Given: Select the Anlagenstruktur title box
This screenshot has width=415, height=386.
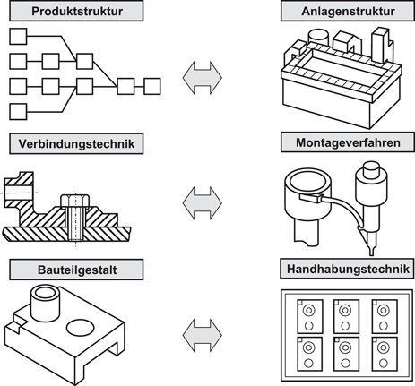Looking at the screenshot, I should click(x=346, y=13).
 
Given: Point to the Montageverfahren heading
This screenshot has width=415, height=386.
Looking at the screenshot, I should click(x=346, y=142).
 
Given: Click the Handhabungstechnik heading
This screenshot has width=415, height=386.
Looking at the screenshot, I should click(x=346, y=268).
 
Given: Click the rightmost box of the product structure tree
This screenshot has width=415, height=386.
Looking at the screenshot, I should click(x=151, y=86).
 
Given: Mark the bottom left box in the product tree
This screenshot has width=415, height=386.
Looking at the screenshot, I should click(x=17, y=111).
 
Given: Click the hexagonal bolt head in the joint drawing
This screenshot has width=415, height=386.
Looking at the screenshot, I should click(x=73, y=200).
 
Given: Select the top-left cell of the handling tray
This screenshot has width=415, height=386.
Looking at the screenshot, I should click(x=309, y=313).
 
